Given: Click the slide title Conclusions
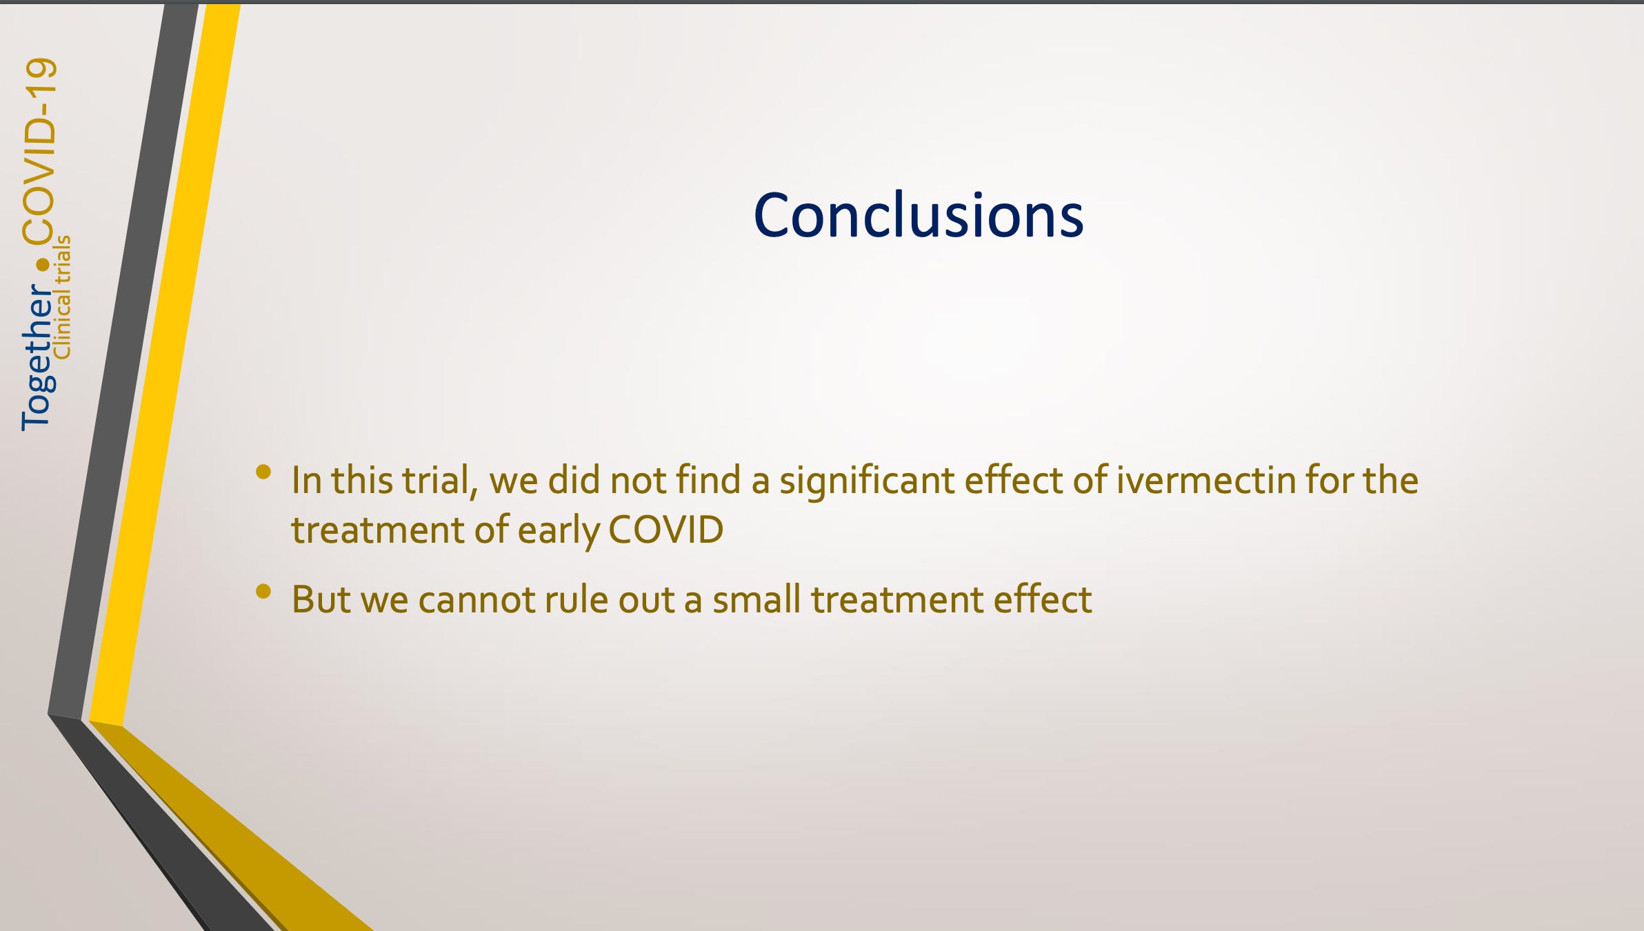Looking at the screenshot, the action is pyautogui.click(x=919, y=216).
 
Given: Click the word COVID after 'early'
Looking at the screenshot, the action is pyautogui.click(x=665, y=530).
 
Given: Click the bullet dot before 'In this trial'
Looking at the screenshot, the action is pyautogui.click(x=263, y=472).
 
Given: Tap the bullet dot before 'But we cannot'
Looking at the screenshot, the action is pyautogui.click(x=263, y=591).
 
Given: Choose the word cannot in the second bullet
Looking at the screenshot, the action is pyautogui.click(x=476, y=599).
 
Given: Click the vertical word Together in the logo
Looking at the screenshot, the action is pyautogui.click(x=37, y=357).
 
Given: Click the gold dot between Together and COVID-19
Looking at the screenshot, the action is pyautogui.click(x=43, y=264).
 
